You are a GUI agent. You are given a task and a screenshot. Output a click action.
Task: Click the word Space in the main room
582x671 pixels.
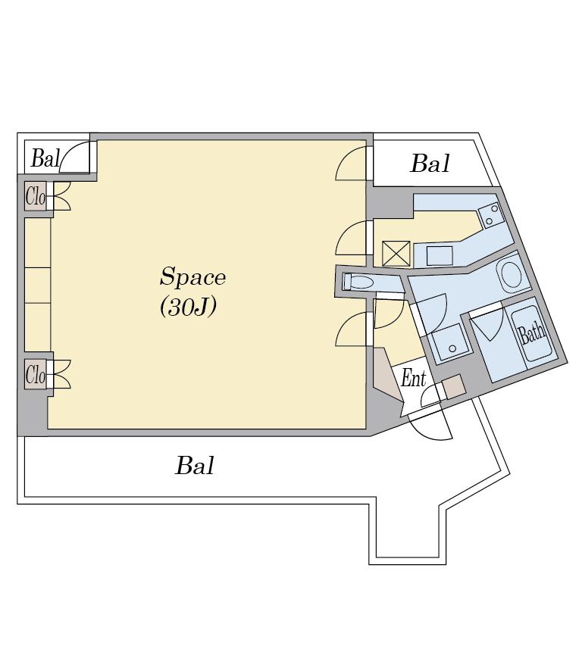coord(192,276)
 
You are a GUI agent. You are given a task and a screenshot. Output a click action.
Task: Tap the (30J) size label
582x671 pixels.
coord(188,307)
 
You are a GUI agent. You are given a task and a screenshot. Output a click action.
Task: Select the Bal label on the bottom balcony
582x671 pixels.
coord(195,465)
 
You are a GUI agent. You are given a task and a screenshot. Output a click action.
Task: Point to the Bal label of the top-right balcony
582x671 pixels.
coord(430,164)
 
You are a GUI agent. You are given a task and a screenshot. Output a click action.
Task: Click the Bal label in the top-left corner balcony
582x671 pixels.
coord(45,158)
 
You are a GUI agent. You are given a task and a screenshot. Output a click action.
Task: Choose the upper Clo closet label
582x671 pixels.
coord(36,196)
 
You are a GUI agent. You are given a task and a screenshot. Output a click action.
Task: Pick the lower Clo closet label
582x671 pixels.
coord(36,375)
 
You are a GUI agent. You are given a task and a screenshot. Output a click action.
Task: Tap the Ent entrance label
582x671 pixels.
coord(413,379)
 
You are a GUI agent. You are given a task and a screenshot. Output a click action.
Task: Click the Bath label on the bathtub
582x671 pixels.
coord(532,332)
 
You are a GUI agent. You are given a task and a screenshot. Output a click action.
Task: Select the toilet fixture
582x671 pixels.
coord(358,282)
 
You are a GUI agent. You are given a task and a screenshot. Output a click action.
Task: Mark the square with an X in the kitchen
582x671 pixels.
coord(396,254)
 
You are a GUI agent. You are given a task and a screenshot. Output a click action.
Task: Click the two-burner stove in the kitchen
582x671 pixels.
coord(490,215)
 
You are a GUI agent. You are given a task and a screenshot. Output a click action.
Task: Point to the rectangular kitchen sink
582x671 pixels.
coord(440,256)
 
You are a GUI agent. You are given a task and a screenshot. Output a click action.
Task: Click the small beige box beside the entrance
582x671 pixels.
coord(453,386)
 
